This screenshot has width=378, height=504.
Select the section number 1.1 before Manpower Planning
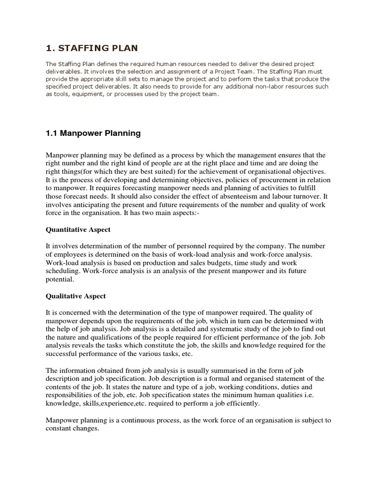point(52,133)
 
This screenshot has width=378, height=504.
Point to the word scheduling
point(63,271)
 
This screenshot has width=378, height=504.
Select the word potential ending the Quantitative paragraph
point(60,279)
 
